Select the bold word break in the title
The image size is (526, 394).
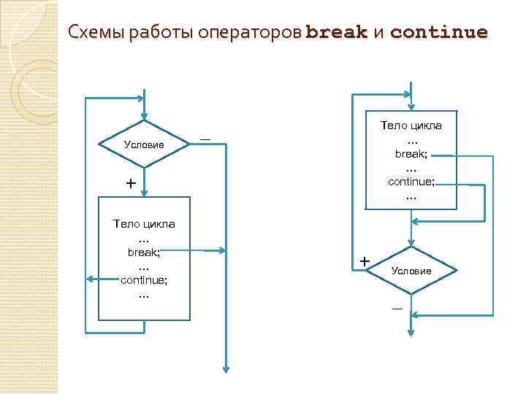click(336, 33)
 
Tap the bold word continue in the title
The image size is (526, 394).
click(439, 33)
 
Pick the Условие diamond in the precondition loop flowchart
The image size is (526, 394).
click(144, 144)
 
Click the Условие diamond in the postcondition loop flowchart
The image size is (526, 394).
click(411, 271)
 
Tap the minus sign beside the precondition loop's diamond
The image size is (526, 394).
click(205, 138)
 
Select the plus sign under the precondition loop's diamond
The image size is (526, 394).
click(130, 184)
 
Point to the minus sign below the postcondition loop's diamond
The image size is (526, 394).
click(397, 308)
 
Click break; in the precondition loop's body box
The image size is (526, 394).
click(143, 251)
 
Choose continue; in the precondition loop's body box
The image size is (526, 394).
click(143, 279)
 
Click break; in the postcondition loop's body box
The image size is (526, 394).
click(411, 154)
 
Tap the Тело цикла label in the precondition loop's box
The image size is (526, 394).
click(143, 223)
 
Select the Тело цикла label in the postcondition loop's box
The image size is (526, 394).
click(411, 125)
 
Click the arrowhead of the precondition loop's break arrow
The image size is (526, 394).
click(223, 252)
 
